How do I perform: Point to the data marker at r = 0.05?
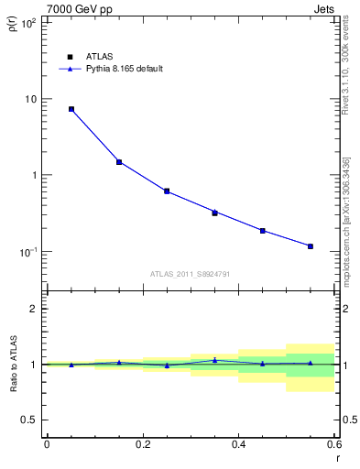pos(71,109)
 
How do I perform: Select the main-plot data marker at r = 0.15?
pos(119,162)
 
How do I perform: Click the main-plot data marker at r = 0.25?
pos(167,191)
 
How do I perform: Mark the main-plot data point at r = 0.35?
pos(214,213)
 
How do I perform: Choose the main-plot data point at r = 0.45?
pos(263,231)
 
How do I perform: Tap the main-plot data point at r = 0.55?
pos(311,246)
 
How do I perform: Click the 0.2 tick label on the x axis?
pos(142,444)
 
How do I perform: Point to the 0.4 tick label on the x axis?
pos(238,444)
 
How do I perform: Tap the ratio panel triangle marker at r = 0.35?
pos(214,360)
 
